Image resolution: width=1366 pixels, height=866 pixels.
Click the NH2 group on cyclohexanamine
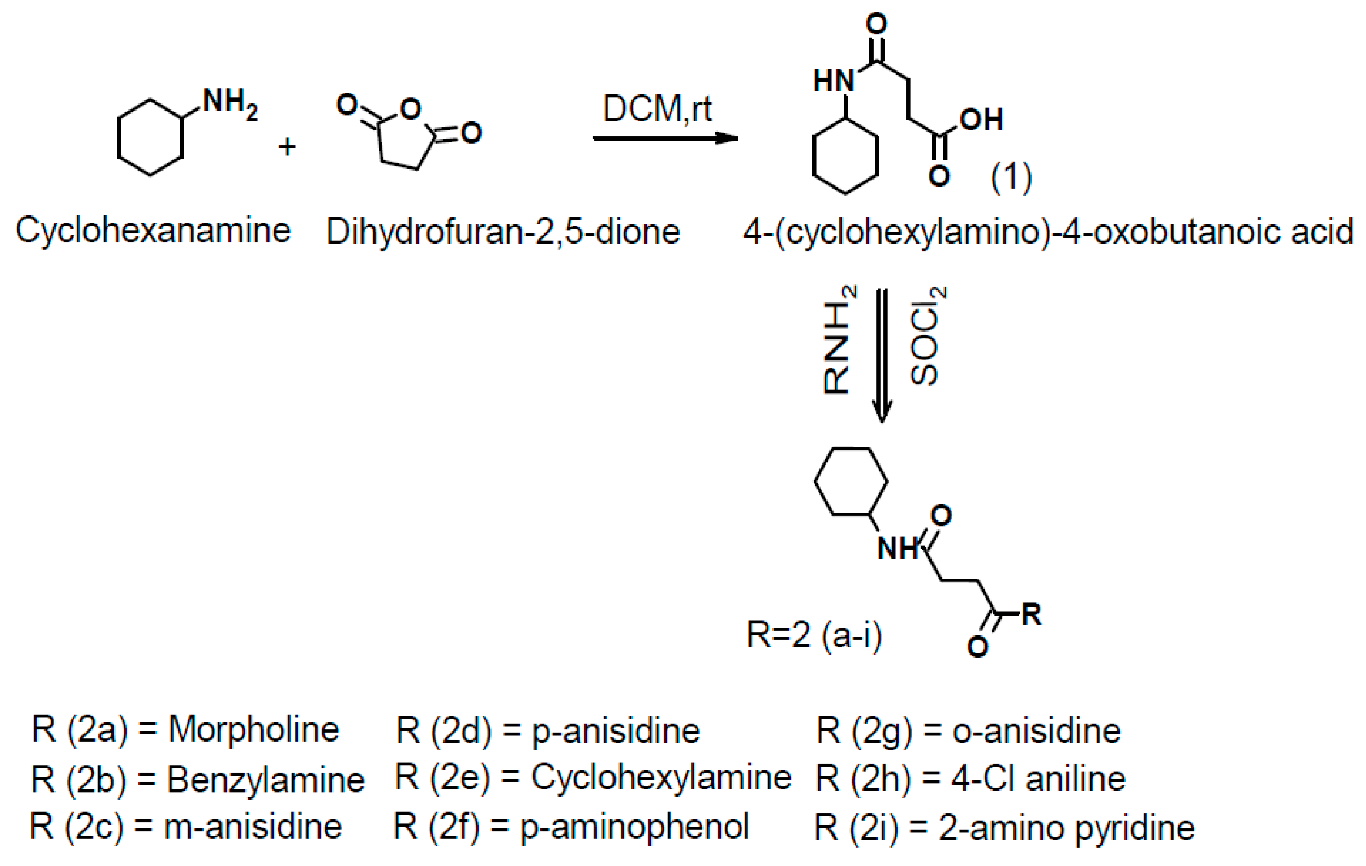pos(229,104)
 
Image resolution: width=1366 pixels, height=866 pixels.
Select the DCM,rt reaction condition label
pos(657,108)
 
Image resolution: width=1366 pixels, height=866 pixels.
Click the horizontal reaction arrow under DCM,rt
pos(664,138)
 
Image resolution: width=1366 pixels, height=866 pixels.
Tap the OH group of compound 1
pos(981,120)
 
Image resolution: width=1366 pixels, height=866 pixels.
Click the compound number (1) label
pos(1011,178)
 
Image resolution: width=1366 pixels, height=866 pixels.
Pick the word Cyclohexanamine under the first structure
pos(153,231)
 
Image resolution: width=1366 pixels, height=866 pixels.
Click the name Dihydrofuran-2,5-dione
pos(503,232)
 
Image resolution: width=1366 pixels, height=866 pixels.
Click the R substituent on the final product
pos(1031,615)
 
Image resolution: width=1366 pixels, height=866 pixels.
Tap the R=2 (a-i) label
pos(814,635)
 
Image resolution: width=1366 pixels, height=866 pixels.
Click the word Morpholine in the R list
pos(253,729)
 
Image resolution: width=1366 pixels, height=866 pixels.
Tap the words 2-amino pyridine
pos(1066,828)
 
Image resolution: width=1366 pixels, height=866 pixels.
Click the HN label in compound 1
pos(833,81)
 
